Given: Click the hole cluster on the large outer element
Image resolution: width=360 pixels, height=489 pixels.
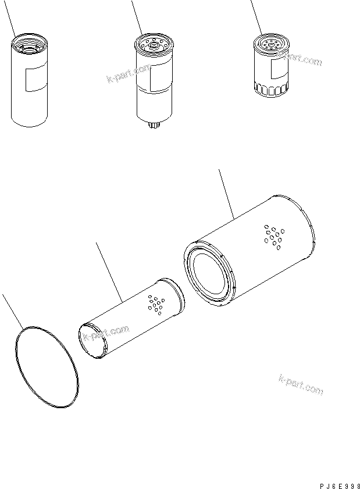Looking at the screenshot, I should tap(272, 237).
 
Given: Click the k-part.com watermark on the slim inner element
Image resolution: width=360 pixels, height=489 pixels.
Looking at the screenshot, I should tap(105, 334).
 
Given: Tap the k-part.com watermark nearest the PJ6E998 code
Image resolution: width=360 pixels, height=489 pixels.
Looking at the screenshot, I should tap(301, 385).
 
